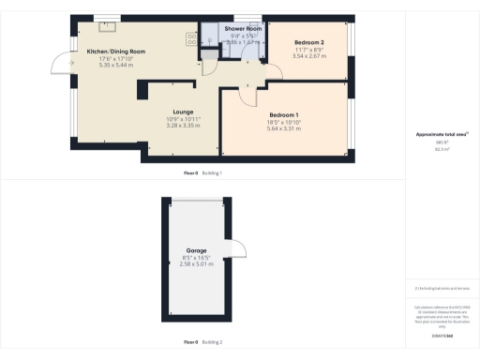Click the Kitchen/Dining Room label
click(x=116, y=51)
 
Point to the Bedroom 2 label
click(x=308, y=43)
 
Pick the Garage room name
click(x=196, y=250)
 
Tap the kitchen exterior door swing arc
click(x=61, y=63)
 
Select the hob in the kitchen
click(x=190, y=40)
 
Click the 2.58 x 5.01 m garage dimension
click(x=196, y=263)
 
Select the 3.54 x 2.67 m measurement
click(x=308, y=56)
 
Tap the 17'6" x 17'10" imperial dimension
click(x=116, y=58)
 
